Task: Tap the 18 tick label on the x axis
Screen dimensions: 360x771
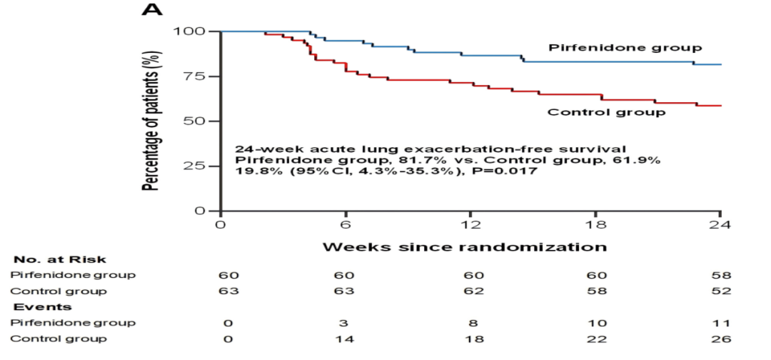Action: pyautogui.click(x=595, y=224)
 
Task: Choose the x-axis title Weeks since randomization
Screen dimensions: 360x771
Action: pyautogui.click(x=465, y=247)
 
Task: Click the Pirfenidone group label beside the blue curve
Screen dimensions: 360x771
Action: pyautogui.click(x=625, y=48)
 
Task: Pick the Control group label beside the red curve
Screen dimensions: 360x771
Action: pyautogui.click(x=606, y=112)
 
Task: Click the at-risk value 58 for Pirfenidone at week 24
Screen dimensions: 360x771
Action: pyautogui.click(x=721, y=276)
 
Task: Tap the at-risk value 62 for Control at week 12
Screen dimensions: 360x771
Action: pyautogui.click(x=471, y=291)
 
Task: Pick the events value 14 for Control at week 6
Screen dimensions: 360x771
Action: pyautogui.click(x=346, y=339)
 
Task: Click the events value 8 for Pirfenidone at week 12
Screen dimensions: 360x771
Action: pyautogui.click(x=471, y=323)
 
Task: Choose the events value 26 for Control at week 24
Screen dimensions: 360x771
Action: pyautogui.click(x=721, y=339)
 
